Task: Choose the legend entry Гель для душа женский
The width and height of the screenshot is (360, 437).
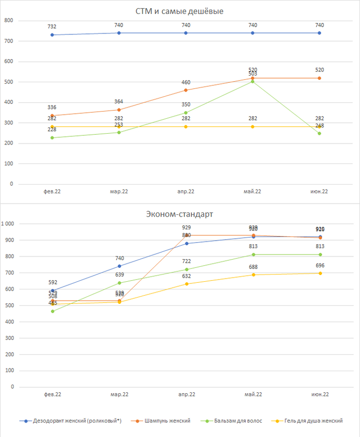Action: click(x=312, y=421)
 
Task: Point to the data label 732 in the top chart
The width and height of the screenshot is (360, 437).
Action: click(x=52, y=27)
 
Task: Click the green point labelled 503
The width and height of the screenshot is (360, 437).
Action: click(x=253, y=81)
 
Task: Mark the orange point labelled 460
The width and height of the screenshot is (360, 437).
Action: click(x=186, y=90)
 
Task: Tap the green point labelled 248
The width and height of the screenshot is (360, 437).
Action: click(x=319, y=134)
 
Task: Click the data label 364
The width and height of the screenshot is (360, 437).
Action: click(x=119, y=102)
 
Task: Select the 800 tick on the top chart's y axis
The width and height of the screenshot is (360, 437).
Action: click(x=8, y=21)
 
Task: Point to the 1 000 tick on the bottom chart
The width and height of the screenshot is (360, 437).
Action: click(x=8, y=224)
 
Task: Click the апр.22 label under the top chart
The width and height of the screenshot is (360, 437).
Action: click(x=186, y=192)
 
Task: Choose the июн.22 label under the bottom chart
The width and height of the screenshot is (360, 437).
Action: click(x=319, y=394)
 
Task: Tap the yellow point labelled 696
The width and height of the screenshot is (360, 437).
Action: click(x=319, y=273)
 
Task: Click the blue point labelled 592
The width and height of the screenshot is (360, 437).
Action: click(x=52, y=290)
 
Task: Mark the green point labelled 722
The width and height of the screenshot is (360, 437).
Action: click(x=186, y=269)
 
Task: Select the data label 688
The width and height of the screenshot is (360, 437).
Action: click(x=253, y=267)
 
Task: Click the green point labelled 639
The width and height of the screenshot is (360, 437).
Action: click(x=119, y=283)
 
